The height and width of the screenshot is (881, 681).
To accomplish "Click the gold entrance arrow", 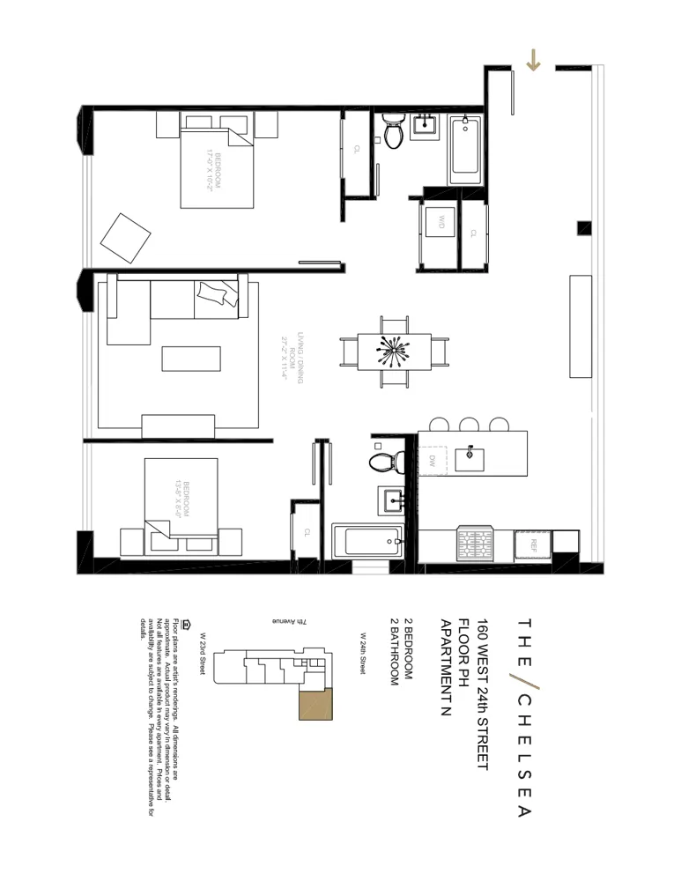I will click(x=533, y=61).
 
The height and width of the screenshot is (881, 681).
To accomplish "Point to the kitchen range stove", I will click(x=478, y=544).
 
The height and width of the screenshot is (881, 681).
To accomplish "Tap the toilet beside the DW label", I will click(x=386, y=461).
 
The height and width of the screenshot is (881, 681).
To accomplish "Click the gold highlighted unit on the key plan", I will click(x=311, y=704).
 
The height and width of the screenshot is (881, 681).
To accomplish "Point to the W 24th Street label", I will click(x=363, y=653).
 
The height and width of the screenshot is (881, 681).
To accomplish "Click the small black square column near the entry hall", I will click(x=584, y=228).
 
